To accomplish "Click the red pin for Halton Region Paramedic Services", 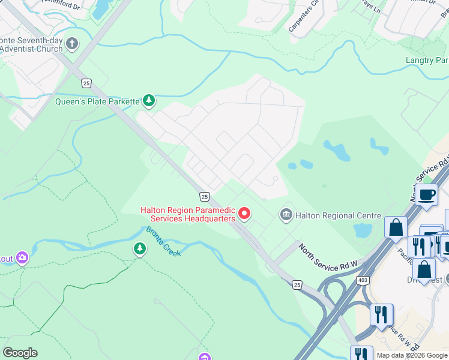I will click(244, 213).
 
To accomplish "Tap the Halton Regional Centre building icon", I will click(286, 214).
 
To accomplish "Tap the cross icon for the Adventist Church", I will click(72, 44).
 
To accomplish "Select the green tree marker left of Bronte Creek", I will click(139, 248).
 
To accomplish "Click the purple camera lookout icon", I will click(23, 258).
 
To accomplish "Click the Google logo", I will click(20, 353).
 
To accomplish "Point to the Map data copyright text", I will click(412, 355).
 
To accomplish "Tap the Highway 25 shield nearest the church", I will click(86, 83).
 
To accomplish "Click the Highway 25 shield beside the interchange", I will click(297, 284).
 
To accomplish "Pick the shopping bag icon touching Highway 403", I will click(396, 227).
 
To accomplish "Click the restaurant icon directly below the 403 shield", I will click(381, 314).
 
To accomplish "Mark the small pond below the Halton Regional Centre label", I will click(363, 230).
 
